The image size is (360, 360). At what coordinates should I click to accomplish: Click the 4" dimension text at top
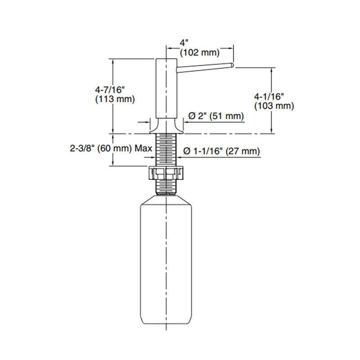coord(184,43)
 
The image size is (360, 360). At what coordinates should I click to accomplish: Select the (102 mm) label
coord(199,53)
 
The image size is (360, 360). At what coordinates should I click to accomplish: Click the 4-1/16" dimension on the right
coord(269,96)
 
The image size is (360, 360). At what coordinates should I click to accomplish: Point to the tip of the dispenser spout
coord(231,66)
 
